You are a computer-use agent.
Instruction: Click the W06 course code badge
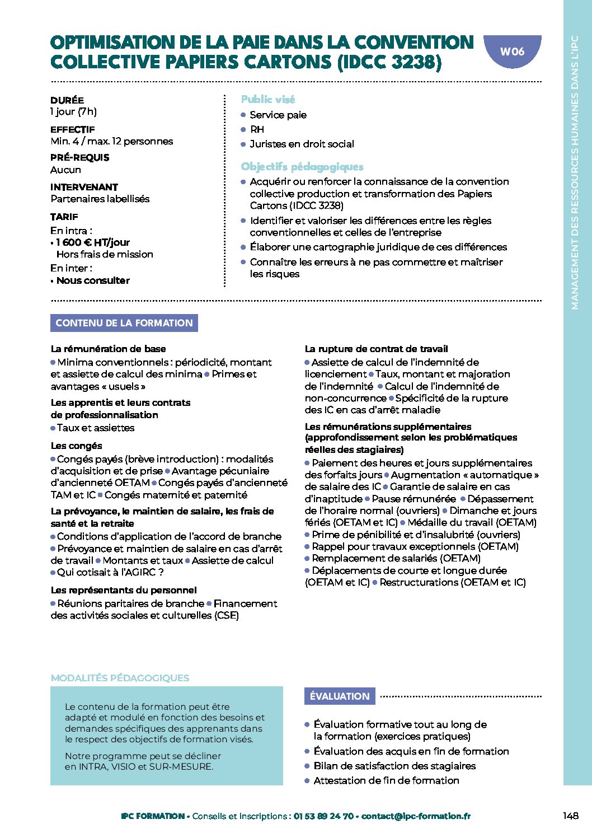click(x=512, y=52)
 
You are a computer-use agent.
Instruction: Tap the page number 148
click(x=571, y=816)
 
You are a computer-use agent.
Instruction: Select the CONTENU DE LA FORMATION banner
click(x=124, y=323)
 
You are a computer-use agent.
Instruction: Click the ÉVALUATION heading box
click(x=340, y=696)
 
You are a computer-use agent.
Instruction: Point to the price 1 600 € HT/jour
click(x=93, y=242)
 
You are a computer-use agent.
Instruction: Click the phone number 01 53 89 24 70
click(x=323, y=816)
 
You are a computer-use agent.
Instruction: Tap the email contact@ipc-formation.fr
click(x=416, y=816)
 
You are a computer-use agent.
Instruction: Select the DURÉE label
click(x=67, y=100)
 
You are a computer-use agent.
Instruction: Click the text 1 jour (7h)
click(x=73, y=111)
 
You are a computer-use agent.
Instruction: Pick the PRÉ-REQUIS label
click(x=80, y=158)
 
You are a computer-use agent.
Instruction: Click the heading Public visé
click(x=268, y=100)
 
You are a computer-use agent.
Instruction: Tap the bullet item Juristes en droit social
click(x=302, y=144)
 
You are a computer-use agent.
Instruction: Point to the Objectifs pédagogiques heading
click(x=302, y=167)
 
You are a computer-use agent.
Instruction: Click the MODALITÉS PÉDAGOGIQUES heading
click(x=120, y=678)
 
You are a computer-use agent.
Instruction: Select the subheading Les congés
click(x=77, y=446)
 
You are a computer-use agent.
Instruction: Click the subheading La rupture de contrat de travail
click(x=377, y=349)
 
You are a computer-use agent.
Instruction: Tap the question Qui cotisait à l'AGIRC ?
click(x=110, y=572)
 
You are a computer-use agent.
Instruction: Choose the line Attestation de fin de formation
click(x=386, y=780)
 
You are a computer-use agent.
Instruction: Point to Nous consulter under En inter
click(x=93, y=280)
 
